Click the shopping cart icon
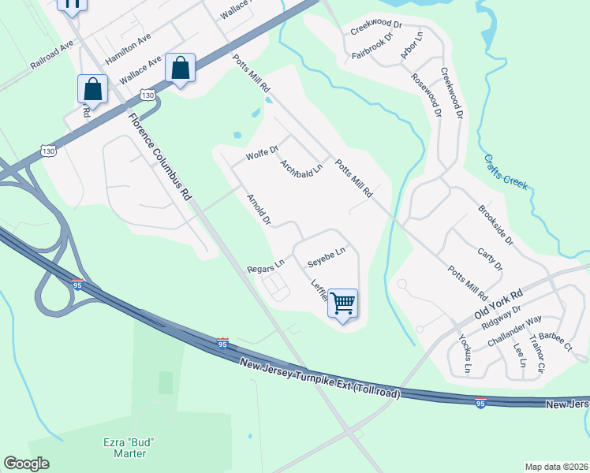tap(343, 303)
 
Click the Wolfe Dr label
tap(262, 152)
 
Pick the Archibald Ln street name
tap(302, 169)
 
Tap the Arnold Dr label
tap(260, 210)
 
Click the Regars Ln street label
tap(265, 267)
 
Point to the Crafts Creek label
tap(506, 172)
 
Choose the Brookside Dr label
tap(495, 225)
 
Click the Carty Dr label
tap(490, 259)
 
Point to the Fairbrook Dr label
tap(372, 47)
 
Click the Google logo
tap(26, 464)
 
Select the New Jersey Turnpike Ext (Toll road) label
tap(319, 378)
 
